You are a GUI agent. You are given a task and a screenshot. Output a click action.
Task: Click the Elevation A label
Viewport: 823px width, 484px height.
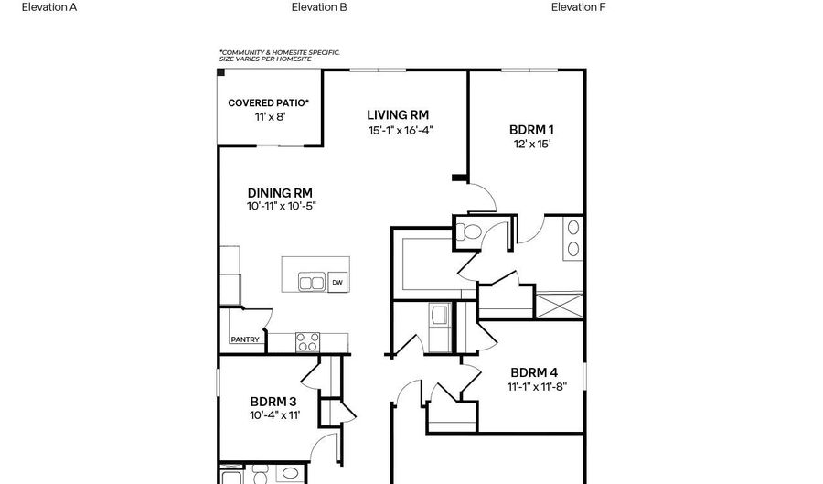click(49, 7)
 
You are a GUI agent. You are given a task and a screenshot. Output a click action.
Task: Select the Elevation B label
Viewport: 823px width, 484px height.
click(319, 7)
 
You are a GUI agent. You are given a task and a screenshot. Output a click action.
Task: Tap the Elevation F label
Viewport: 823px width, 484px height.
click(579, 7)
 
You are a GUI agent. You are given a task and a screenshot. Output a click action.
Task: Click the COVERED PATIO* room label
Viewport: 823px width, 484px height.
click(268, 103)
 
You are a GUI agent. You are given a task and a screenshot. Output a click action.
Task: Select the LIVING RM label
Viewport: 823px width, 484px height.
click(398, 114)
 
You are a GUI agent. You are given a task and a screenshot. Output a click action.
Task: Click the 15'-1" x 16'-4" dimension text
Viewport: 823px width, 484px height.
click(400, 130)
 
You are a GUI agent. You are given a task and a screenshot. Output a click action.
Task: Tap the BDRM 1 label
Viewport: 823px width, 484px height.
click(530, 130)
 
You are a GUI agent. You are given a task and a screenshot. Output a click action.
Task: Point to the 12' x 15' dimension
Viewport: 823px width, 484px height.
click(530, 144)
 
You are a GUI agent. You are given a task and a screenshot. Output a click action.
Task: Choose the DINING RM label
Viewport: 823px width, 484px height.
click(280, 192)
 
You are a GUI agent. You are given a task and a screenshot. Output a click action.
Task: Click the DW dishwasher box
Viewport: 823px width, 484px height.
click(337, 283)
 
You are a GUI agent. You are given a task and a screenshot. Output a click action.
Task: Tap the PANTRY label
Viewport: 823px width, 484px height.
click(245, 340)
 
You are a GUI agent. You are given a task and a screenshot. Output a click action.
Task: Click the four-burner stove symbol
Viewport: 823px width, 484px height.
click(308, 342)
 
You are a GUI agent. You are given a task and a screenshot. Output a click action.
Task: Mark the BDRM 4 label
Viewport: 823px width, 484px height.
click(534, 372)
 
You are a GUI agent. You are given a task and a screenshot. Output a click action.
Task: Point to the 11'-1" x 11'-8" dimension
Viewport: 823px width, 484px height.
click(537, 386)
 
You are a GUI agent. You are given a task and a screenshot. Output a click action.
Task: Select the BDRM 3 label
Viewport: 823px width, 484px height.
click(273, 401)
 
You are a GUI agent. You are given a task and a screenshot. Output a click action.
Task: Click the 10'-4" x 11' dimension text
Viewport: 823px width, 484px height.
click(275, 415)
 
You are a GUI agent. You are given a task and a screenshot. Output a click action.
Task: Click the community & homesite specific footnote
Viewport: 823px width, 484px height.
click(279, 56)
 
